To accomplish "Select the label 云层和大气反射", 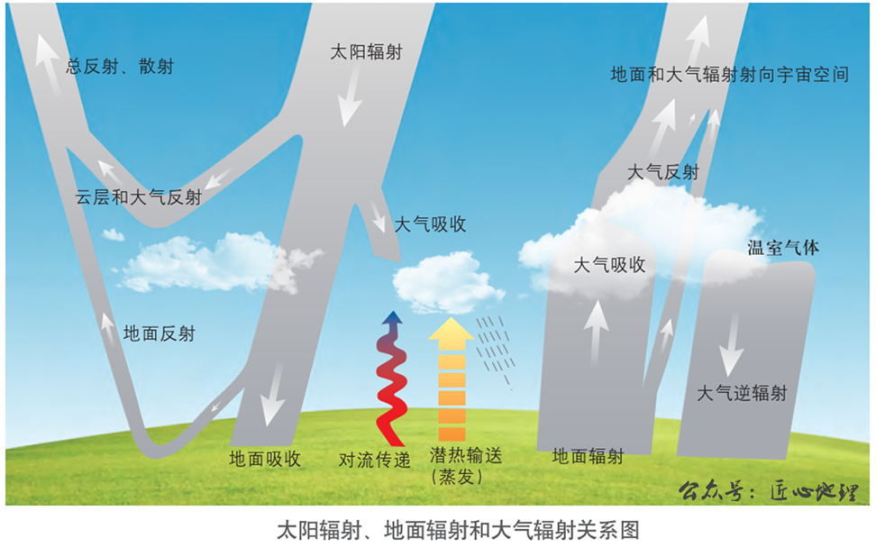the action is coord(139,197).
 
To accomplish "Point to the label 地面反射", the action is coord(159,333).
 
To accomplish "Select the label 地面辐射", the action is coord(588,456).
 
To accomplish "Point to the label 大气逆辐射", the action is coord(743,393).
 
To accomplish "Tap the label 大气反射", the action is coord(662,172).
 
